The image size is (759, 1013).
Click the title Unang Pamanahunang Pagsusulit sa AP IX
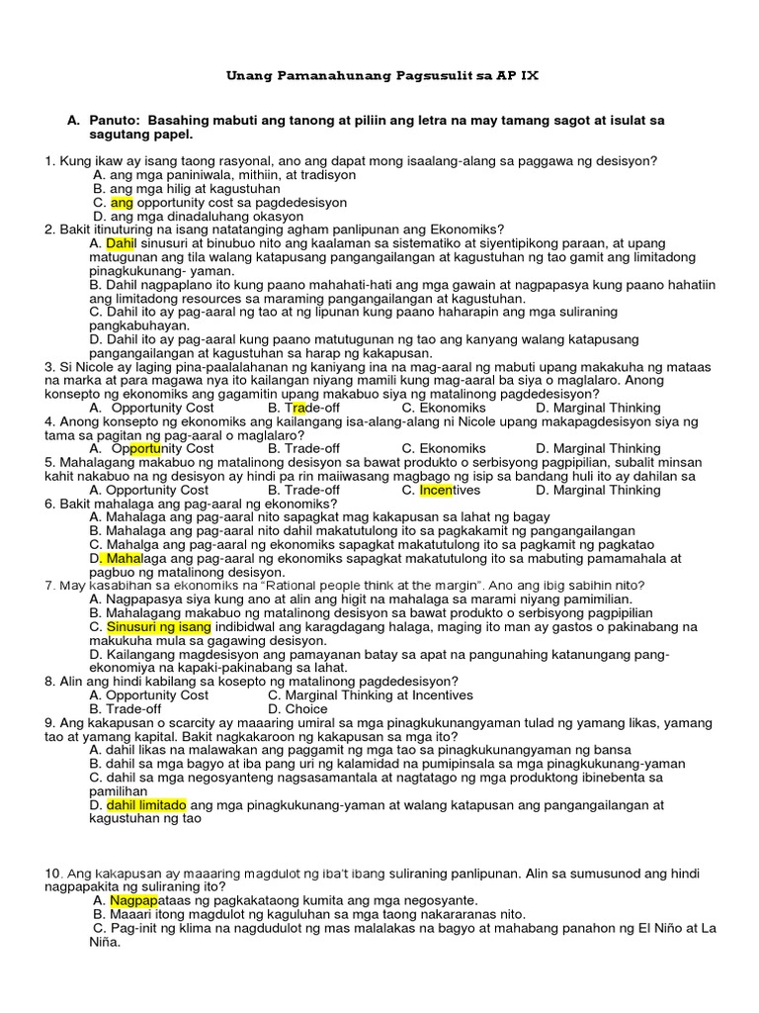[382, 75]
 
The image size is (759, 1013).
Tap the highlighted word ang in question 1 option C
[122, 202]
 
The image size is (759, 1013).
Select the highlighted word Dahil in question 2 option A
[120, 242]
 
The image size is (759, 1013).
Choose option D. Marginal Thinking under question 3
[598, 408]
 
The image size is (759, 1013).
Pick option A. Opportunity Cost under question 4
[150, 448]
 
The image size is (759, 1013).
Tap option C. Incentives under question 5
[441, 490]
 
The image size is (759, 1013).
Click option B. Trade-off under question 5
[303, 490]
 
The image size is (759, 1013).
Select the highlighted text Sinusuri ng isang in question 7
[158, 626]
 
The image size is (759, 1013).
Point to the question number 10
[52, 874]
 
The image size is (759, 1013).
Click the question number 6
[48, 504]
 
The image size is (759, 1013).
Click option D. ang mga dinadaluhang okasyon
[198, 216]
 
